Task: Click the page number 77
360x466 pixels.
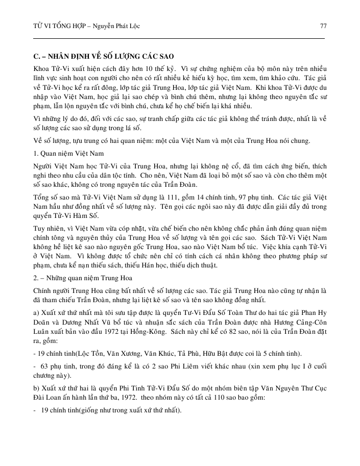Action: (x=323, y=26)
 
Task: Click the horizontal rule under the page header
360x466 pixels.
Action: (x=179, y=38)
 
